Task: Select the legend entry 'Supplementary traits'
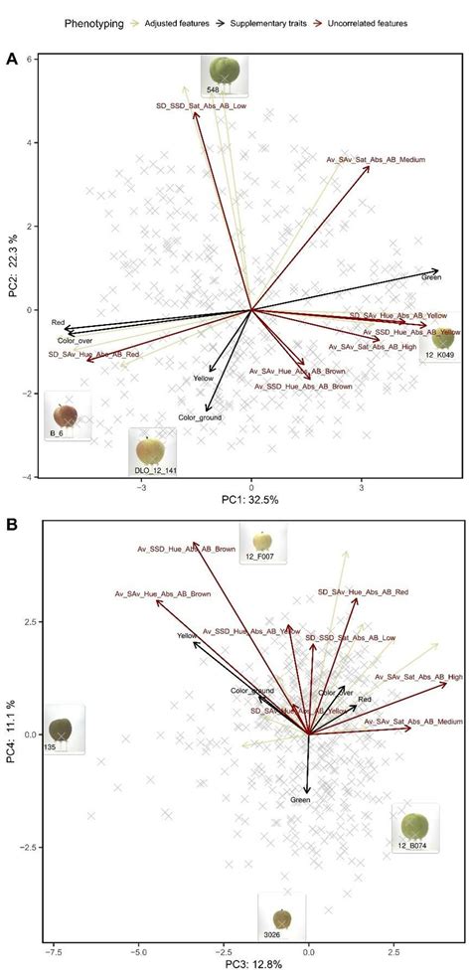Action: [x=260, y=21]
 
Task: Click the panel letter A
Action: [x=11, y=60]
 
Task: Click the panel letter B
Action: [x=11, y=524]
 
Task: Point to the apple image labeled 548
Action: [x=223, y=73]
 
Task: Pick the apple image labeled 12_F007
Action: [x=260, y=543]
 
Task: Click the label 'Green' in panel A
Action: [x=430, y=277]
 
